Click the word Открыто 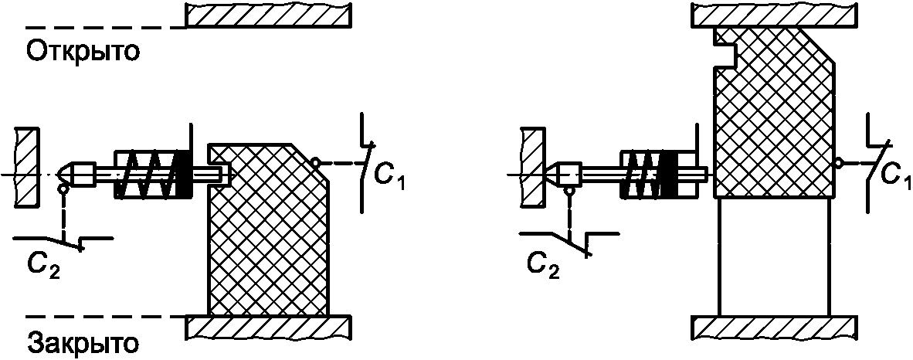(83, 51)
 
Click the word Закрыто (83, 342)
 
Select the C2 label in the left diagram (42, 267)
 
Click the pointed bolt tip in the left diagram (59, 174)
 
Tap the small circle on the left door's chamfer (315, 162)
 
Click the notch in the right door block (725, 56)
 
